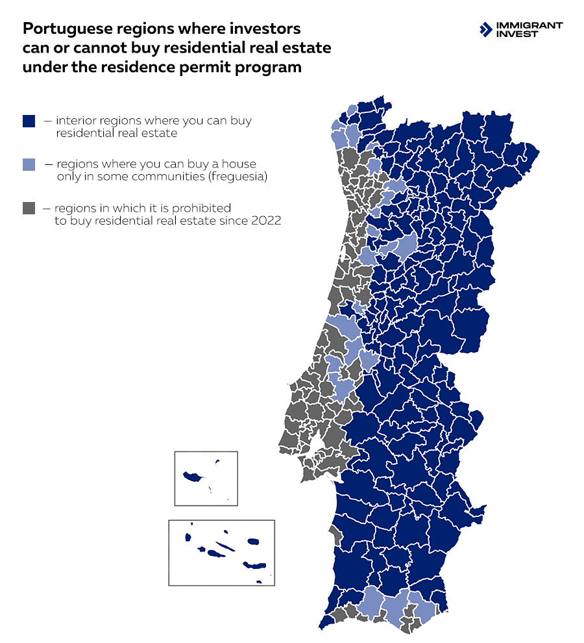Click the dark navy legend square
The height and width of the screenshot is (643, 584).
28,121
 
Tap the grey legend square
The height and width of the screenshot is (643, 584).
28,208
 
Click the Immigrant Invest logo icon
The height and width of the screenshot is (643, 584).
485,29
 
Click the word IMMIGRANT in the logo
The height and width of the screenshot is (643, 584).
529,25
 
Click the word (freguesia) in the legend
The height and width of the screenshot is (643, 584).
236,176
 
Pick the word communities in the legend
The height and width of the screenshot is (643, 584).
163,176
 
